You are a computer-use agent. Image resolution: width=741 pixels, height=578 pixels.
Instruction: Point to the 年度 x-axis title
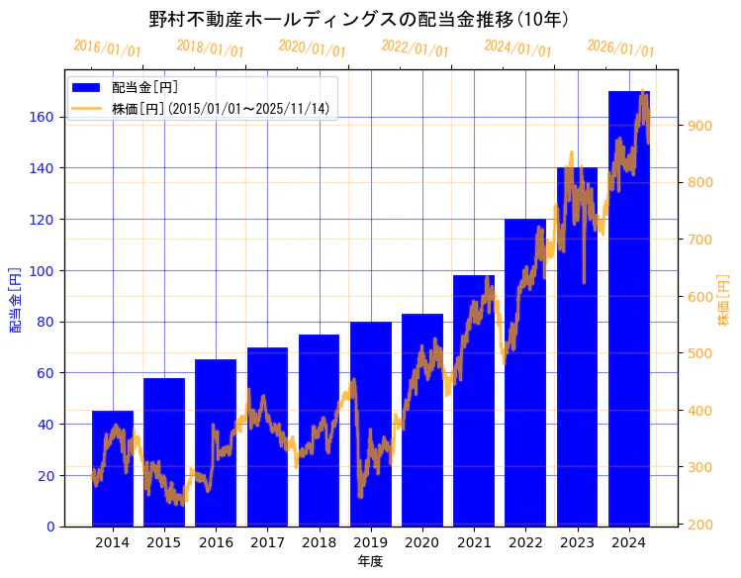[x=370, y=561]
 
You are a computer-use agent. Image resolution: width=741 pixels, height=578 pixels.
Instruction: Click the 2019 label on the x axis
[x=371, y=541]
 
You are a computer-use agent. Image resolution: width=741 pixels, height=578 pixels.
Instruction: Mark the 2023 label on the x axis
[x=578, y=541]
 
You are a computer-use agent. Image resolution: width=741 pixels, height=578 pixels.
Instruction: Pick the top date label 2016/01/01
[x=107, y=48]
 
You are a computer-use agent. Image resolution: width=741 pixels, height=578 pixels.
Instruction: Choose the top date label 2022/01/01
[x=415, y=48]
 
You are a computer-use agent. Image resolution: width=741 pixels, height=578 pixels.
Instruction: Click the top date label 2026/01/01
[x=620, y=48]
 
